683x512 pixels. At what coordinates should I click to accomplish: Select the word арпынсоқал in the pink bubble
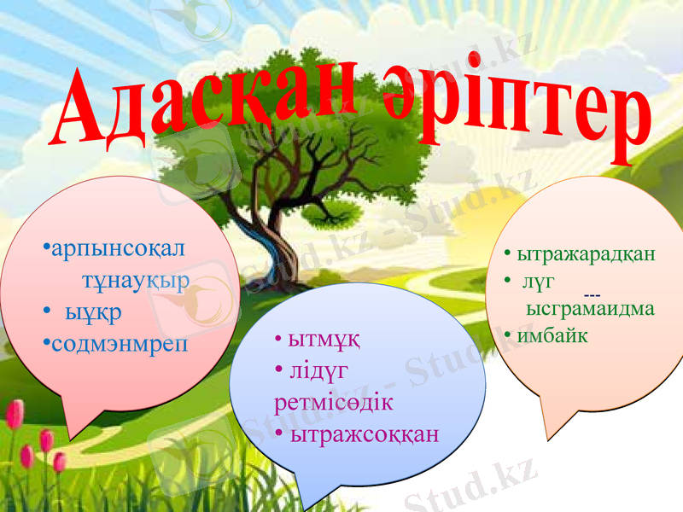click(x=117, y=249)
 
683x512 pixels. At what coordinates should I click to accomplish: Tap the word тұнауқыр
click(x=135, y=281)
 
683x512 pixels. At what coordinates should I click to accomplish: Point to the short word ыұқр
click(x=94, y=312)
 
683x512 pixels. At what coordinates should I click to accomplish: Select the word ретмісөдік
click(x=334, y=402)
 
